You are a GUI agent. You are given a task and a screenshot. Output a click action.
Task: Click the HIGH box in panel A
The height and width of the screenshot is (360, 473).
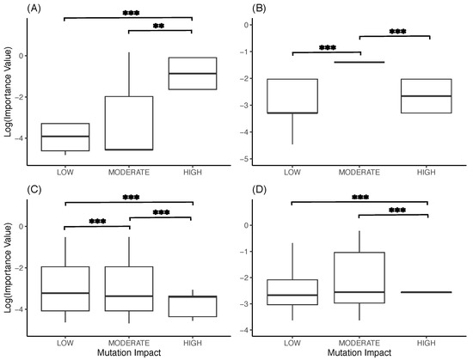click(192, 73)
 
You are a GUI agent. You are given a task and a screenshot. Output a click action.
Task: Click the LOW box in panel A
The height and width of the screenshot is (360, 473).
click(65, 137)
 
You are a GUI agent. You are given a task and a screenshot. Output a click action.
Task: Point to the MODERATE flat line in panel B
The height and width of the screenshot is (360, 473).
click(359, 63)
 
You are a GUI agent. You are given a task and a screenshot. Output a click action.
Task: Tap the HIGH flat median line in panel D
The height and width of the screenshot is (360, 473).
click(428, 292)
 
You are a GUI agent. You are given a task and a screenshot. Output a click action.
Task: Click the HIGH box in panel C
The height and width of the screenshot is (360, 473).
click(192, 306)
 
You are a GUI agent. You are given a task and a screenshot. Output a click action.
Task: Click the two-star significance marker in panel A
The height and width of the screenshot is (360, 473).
click(160, 27)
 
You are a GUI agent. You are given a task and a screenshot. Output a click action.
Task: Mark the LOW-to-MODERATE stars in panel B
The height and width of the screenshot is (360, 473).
click(326, 48)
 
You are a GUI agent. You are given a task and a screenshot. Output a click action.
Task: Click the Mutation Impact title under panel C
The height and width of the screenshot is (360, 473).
click(128, 351)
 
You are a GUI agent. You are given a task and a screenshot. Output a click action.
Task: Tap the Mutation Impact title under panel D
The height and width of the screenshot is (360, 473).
click(359, 351)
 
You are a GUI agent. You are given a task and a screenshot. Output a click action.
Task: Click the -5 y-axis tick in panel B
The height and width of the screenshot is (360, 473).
click(270, 160)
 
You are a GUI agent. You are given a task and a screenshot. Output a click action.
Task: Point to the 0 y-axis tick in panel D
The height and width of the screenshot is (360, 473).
click(272, 226)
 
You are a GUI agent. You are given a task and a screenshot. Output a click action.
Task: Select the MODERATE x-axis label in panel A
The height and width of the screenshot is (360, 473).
click(128, 171)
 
